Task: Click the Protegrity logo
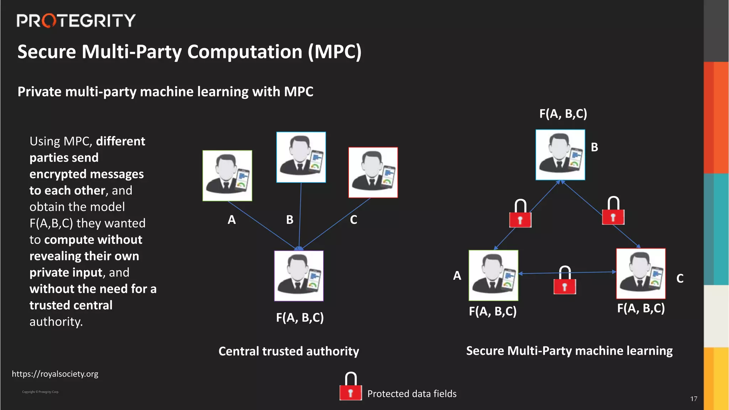tap(76, 21)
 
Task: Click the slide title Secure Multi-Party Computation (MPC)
tap(189, 52)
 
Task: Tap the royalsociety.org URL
tap(55, 374)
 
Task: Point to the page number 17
tap(694, 399)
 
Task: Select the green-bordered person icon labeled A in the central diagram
tap(227, 176)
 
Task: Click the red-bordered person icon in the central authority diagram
tap(373, 173)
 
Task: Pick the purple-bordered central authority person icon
tap(299, 276)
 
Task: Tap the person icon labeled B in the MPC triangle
tap(560, 155)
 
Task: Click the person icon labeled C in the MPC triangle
tap(641, 274)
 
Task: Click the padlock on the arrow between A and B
tap(520, 214)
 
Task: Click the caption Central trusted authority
tap(289, 351)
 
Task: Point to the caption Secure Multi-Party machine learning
tap(569, 351)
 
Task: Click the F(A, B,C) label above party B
tap(563, 114)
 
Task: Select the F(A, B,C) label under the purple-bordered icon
tap(300, 317)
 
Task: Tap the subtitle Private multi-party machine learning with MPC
tap(166, 92)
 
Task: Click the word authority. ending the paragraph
tap(56, 322)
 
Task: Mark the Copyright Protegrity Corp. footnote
tap(41, 392)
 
